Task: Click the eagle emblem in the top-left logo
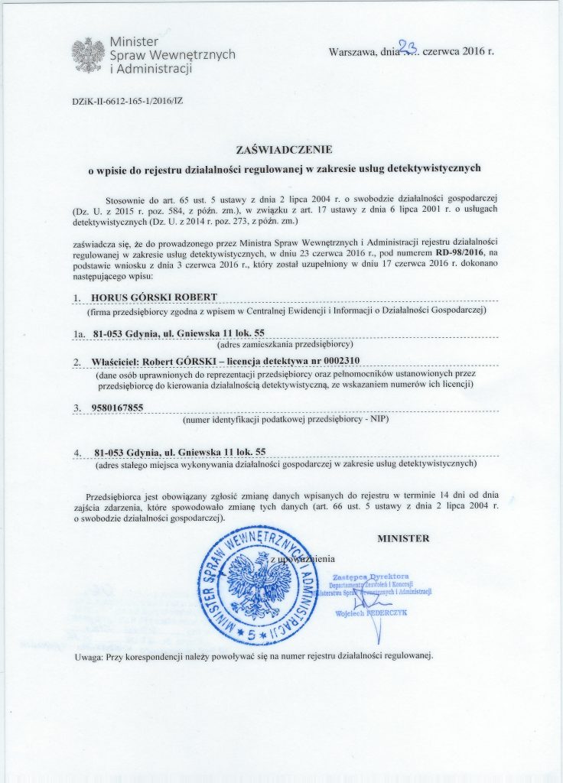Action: pyautogui.click(x=88, y=54)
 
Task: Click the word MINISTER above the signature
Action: pyautogui.click(x=403, y=538)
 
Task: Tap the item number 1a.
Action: pyautogui.click(x=77, y=334)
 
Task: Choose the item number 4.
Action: pyautogui.click(x=77, y=452)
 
